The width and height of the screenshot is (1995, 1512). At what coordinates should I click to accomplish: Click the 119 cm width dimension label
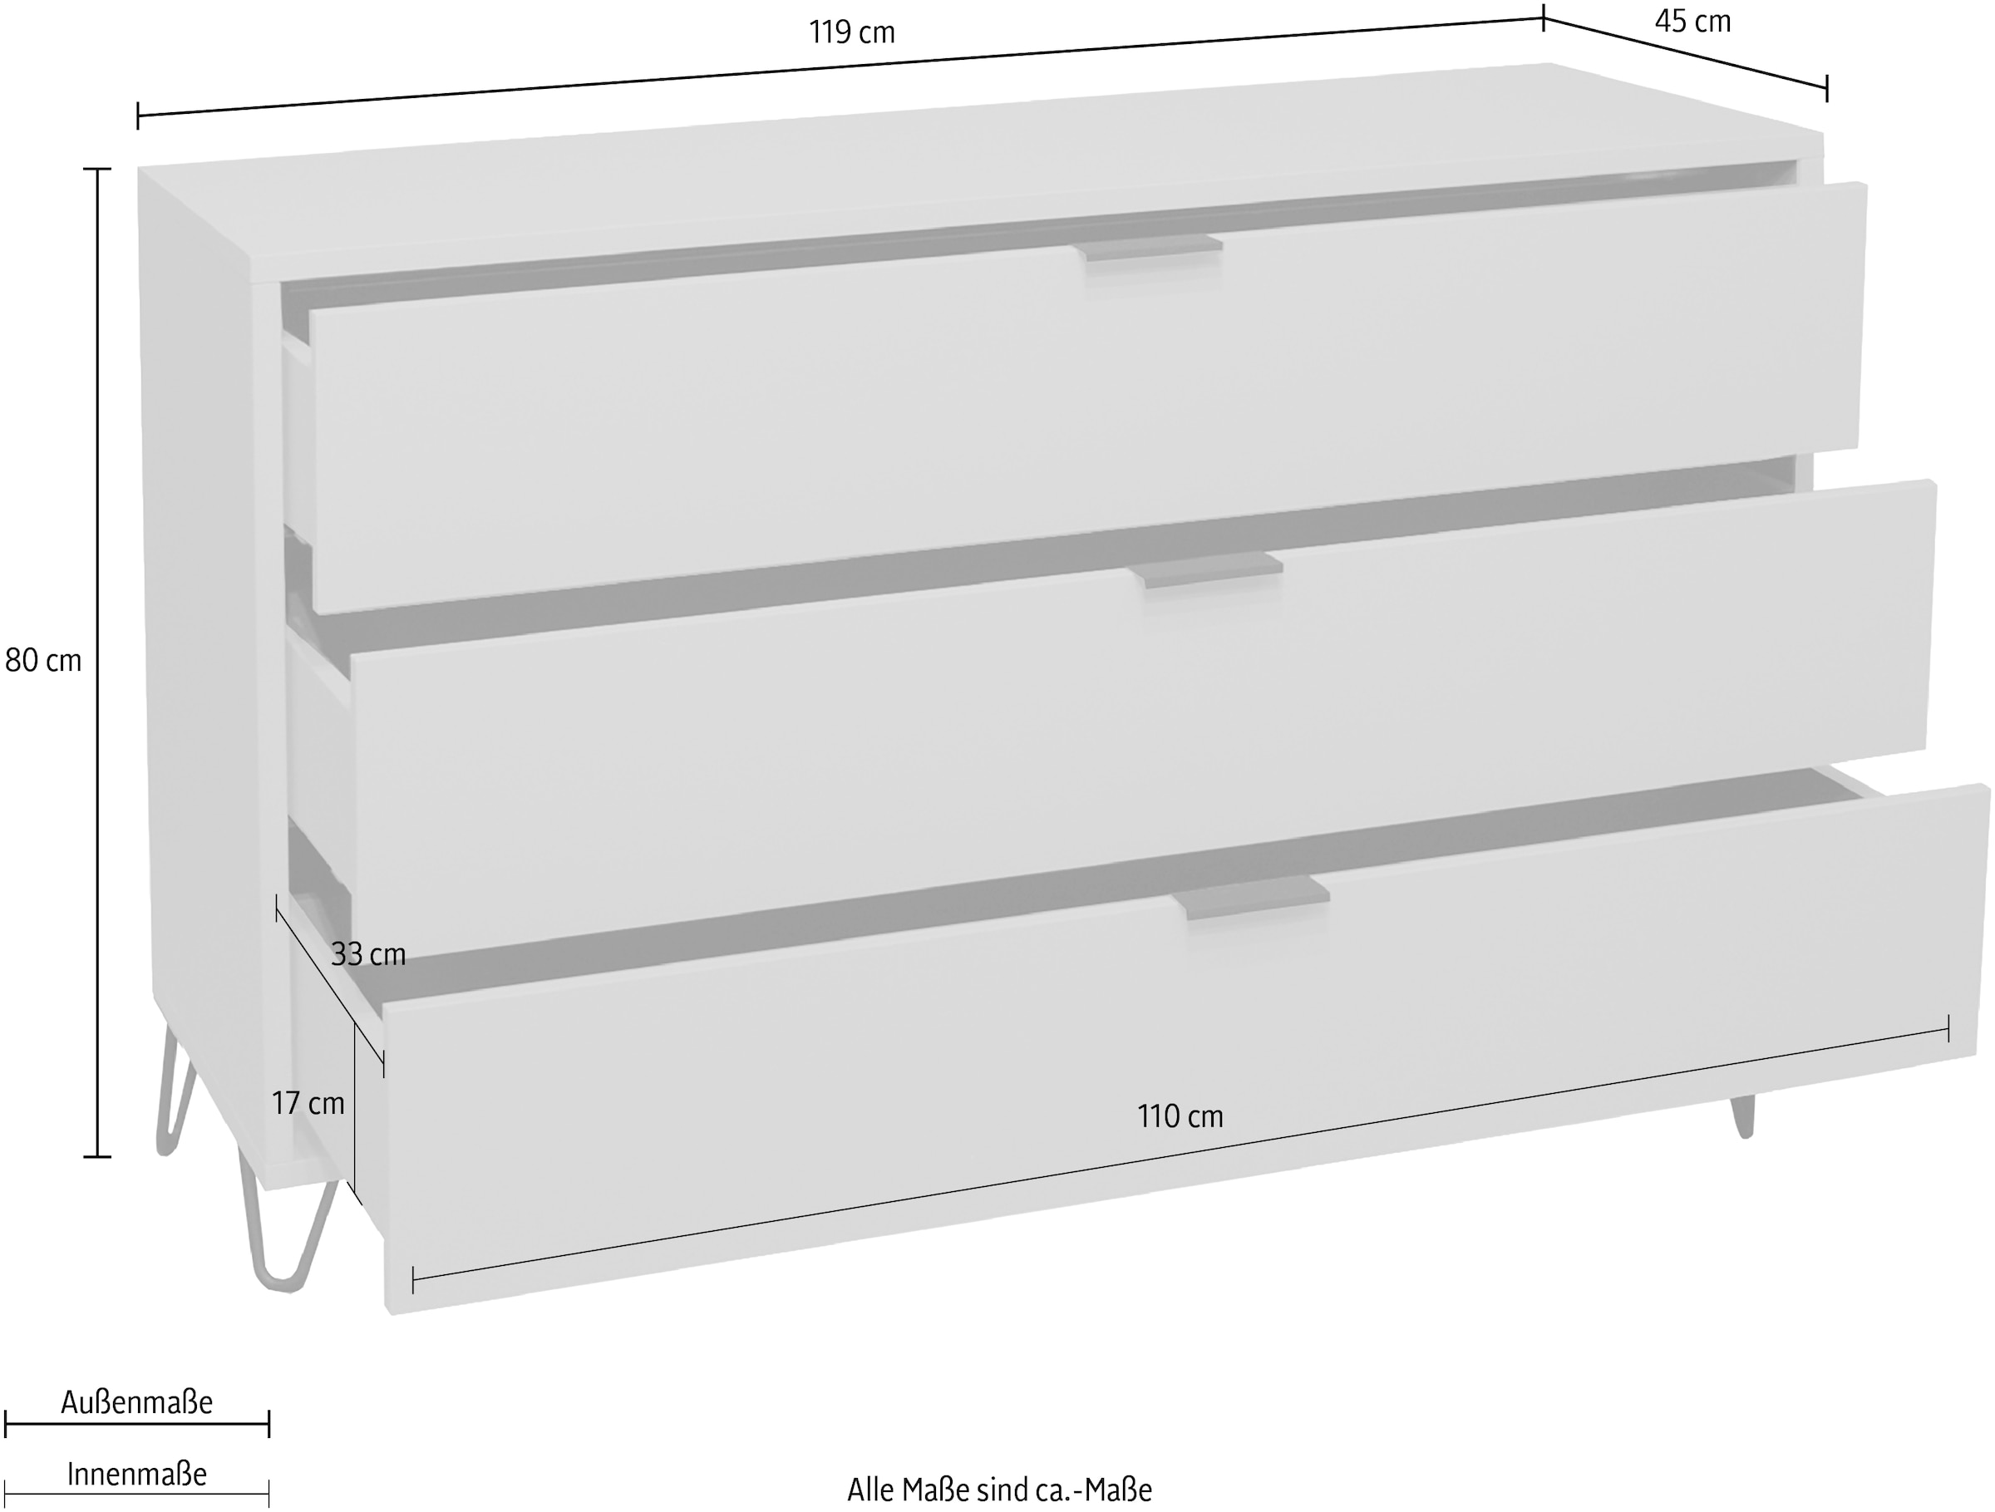851,33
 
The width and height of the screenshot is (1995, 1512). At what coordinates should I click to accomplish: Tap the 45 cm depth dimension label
1693,21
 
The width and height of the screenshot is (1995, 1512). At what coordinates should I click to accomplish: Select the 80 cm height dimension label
42,661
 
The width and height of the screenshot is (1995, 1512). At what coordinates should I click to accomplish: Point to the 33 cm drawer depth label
368,954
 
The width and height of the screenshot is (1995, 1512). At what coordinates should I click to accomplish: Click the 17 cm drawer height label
308,1103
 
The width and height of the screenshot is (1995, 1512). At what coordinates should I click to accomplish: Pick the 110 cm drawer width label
1180,1116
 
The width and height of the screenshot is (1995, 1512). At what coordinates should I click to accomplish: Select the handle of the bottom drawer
1252,898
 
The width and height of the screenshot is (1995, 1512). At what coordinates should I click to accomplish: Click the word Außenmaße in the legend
137,1402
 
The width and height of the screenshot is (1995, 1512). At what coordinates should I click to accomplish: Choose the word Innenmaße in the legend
137,1474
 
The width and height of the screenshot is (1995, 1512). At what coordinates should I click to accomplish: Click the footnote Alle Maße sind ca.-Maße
999,1489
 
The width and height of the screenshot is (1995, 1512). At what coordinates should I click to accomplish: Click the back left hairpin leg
177,1092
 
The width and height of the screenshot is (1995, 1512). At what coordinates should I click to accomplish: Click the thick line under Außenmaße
137,1426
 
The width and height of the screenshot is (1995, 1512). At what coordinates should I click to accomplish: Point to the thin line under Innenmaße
137,1495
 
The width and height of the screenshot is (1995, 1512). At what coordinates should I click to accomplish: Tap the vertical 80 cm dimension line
97,662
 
